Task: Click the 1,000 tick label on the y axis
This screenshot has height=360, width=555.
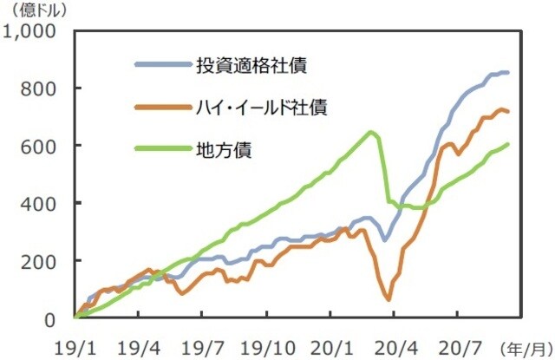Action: pos(31,32)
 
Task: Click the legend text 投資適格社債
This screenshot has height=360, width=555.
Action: pos(251,65)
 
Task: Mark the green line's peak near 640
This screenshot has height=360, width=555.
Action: pos(371,132)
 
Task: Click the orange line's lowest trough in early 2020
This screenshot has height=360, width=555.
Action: pos(388,300)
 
